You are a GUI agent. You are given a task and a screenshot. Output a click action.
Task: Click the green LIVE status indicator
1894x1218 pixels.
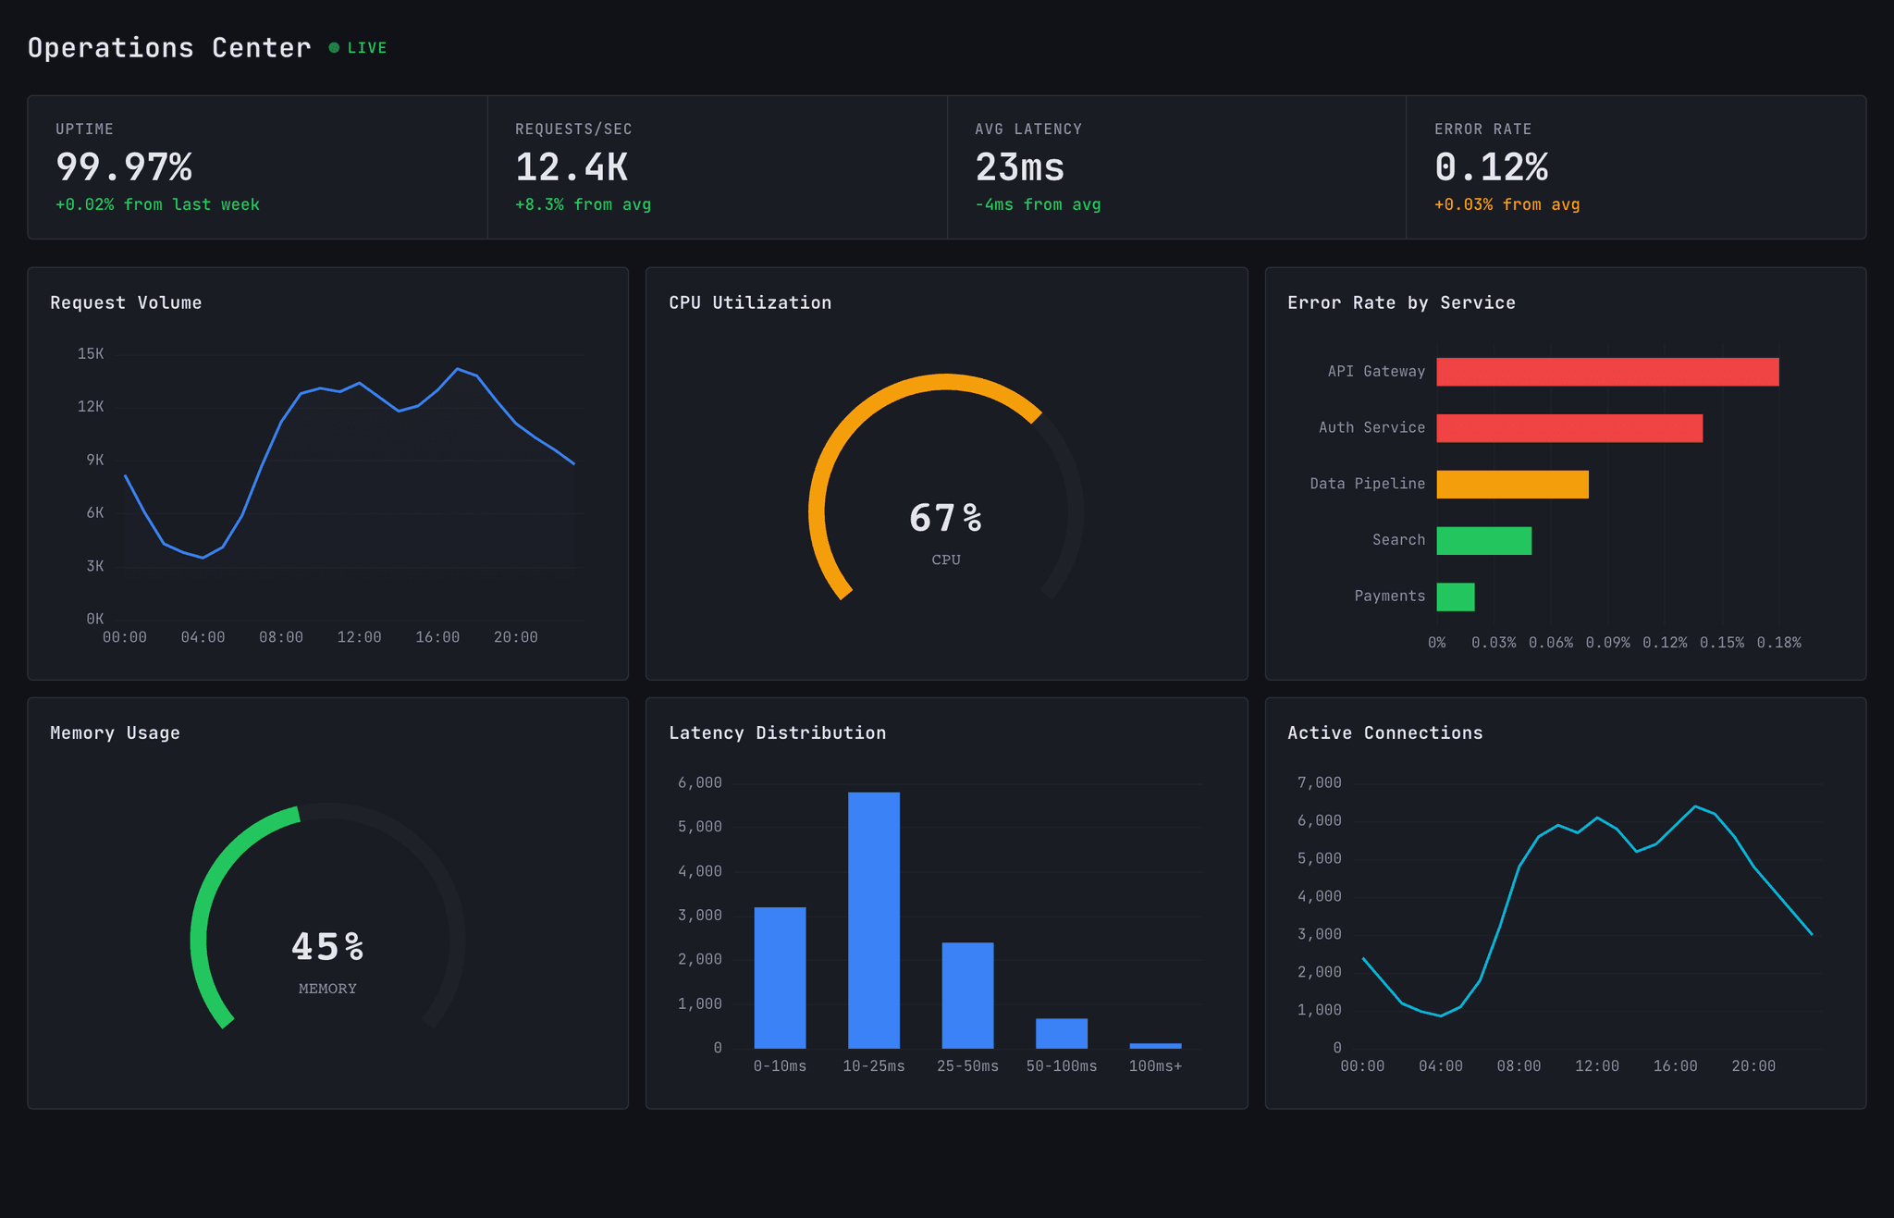coord(359,48)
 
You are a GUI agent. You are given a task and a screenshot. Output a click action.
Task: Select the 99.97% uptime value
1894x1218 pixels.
coord(124,167)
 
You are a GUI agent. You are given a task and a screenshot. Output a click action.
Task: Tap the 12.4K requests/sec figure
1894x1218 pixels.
coord(571,167)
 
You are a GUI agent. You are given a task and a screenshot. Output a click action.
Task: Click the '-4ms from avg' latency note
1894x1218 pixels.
coord(1037,204)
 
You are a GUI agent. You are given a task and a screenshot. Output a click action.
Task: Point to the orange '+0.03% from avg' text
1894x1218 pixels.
coord(1507,204)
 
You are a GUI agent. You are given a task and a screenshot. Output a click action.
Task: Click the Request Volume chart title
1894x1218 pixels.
coord(126,302)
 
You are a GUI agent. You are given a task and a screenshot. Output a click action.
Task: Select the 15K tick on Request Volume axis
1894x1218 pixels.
coord(91,354)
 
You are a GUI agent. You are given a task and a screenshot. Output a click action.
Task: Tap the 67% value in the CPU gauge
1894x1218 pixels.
coord(945,518)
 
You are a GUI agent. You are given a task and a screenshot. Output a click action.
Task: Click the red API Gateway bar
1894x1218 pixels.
coord(1606,372)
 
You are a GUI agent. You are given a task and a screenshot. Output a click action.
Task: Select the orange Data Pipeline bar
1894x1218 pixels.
coord(1512,485)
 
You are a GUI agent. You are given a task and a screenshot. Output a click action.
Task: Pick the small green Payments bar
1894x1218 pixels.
coord(1455,597)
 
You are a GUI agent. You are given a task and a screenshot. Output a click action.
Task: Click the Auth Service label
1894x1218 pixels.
coord(1371,427)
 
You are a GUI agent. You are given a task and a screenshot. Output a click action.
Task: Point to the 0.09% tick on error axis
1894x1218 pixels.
coord(1607,643)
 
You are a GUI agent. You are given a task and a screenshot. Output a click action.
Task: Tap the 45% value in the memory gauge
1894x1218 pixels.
coord(327,947)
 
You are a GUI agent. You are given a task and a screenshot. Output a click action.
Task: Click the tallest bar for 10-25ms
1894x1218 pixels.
coord(873,919)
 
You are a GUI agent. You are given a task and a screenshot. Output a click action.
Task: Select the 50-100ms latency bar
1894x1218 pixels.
coord(1061,1033)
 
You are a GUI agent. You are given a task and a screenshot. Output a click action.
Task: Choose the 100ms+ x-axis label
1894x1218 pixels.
coord(1155,1066)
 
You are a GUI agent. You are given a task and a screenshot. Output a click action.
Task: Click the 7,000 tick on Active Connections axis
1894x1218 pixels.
coord(1319,783)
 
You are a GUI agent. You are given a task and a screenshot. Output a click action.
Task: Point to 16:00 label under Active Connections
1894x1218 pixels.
coord(1675,1066)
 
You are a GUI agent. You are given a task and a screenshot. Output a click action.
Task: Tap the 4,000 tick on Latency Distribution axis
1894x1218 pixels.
coord(699,871)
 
